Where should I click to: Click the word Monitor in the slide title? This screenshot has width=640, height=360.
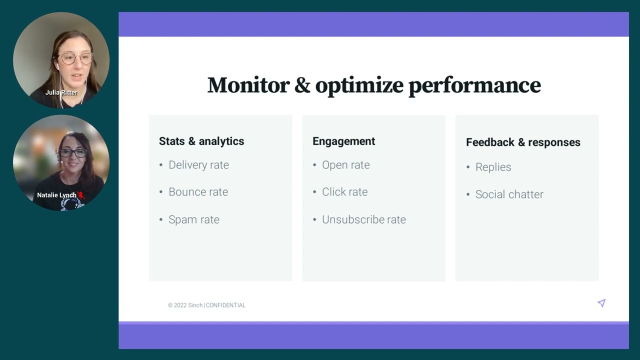[248, 85]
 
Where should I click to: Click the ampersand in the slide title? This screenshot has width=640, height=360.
[302, 85]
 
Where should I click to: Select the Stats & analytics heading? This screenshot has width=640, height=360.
[201, 141]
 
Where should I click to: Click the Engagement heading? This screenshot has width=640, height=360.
[343, 141]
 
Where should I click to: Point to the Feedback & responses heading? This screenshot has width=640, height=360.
[523, 142]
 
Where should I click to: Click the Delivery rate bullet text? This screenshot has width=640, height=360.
[198, 165]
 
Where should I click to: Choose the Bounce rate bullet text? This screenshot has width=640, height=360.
[198, 191]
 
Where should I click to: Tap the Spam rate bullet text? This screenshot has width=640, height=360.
[194, 219]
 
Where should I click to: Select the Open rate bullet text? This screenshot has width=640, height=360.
[345, 165]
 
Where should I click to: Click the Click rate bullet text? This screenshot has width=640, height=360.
[344, 191]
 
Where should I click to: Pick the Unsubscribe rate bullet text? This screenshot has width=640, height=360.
[363, 219]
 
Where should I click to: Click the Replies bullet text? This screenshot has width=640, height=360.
[493, 167]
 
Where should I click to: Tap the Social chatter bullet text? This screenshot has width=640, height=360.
[509, 194]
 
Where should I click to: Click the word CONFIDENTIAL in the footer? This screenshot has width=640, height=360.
[225, 305]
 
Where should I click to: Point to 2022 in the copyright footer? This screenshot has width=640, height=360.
[180, 305]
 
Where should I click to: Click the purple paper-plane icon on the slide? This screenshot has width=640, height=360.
[601, 303]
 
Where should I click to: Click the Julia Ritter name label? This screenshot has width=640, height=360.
[61, 92]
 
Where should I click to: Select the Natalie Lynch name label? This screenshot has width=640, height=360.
[56, 195]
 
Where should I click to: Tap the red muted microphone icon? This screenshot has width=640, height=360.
[81, 195]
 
